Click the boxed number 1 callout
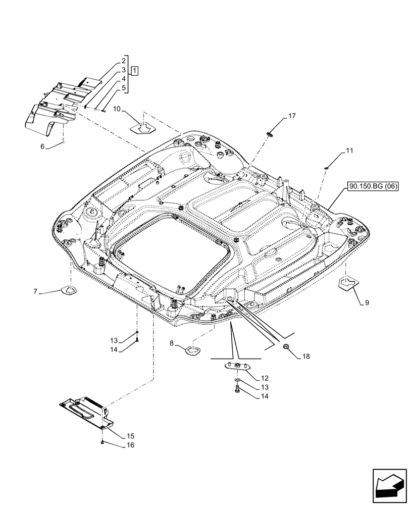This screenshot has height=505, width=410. [x=136, y=70]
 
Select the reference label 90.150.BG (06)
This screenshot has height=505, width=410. [x=373, y=187]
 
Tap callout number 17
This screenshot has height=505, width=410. [x=292, y=117]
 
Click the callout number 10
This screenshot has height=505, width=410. [x=117, y=109]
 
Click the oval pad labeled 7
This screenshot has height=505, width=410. [x=69, y=290]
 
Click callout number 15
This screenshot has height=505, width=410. [x=117, y=435]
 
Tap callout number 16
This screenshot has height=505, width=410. [x=117, y=446]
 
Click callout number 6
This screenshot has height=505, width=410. [x=42, y=146]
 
